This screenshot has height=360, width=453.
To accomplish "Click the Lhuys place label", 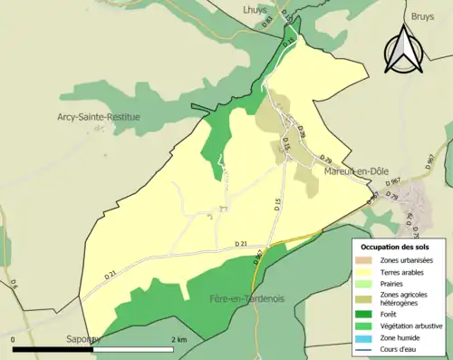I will pos(255,9).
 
